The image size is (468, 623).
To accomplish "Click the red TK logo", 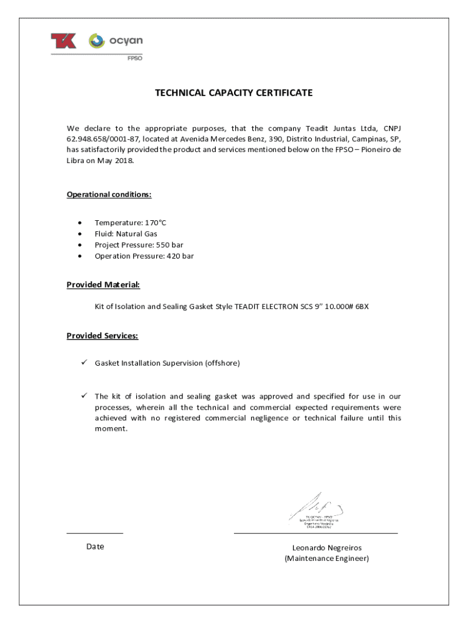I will (x=64, y=41).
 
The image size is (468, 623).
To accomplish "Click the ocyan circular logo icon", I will (x=97, y=41).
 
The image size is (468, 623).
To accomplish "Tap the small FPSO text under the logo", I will (x=134, y=58).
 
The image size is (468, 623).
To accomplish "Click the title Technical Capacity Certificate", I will (x=233, y=93).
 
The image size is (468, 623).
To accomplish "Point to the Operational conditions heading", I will (x=109, y=195).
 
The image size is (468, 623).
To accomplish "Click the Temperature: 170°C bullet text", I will (x=130, y=223).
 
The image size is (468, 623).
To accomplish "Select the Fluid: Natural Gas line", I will (x=126, y=234).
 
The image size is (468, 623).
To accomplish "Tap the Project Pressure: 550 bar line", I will (x=139, y=245).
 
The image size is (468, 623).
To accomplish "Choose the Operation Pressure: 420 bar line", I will (x=144, y=256).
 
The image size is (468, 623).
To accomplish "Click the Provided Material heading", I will (x=103, y=285).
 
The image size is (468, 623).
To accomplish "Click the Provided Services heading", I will (x=102, y=336).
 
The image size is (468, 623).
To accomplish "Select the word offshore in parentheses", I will (x=222, y=363).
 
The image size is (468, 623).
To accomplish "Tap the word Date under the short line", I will (x=95, y=547).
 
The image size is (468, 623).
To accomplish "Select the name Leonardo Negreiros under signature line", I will (x=326, y=548).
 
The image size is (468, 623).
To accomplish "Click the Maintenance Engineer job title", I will (x=326, y=559).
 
